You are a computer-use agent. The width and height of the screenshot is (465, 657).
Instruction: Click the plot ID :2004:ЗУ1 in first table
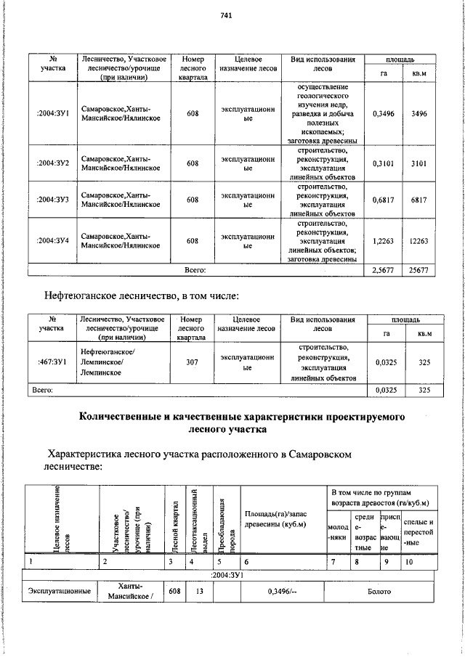pos(52,114)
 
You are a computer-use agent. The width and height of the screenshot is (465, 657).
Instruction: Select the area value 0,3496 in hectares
pos(383,114)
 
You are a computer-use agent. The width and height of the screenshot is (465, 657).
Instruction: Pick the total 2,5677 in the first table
pos(383,270)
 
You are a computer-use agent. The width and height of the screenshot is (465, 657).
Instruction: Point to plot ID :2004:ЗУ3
pos(52,200)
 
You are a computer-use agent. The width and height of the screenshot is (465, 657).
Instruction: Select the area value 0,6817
pos(383,200)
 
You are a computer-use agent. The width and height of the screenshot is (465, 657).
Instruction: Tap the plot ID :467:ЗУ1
pos(52,361)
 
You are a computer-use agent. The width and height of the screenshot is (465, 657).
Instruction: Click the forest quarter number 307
pos(193,361)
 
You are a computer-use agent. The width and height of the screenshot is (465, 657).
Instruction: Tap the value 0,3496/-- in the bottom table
pos(280,592)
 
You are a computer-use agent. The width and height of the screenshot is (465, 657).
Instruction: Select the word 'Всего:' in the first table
pos(195,270)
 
